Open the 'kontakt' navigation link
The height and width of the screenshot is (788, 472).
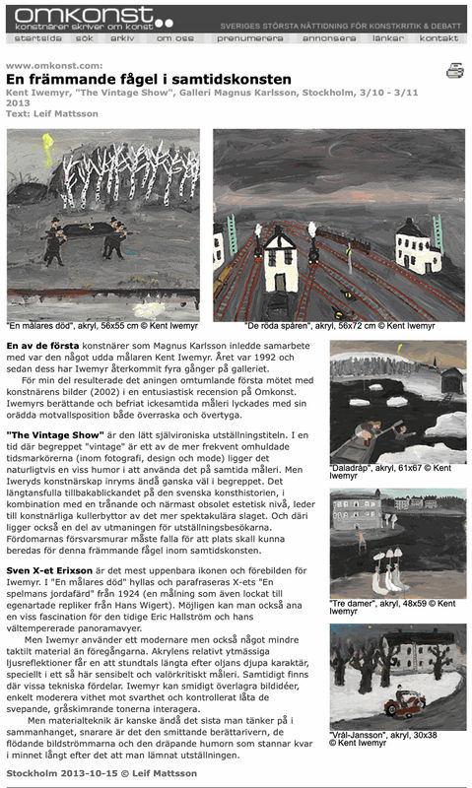[x=438, y=38]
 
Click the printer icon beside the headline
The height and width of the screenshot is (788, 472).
[x=454, y=70]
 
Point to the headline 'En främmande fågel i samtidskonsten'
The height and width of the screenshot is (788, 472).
[x=148, y=78]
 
